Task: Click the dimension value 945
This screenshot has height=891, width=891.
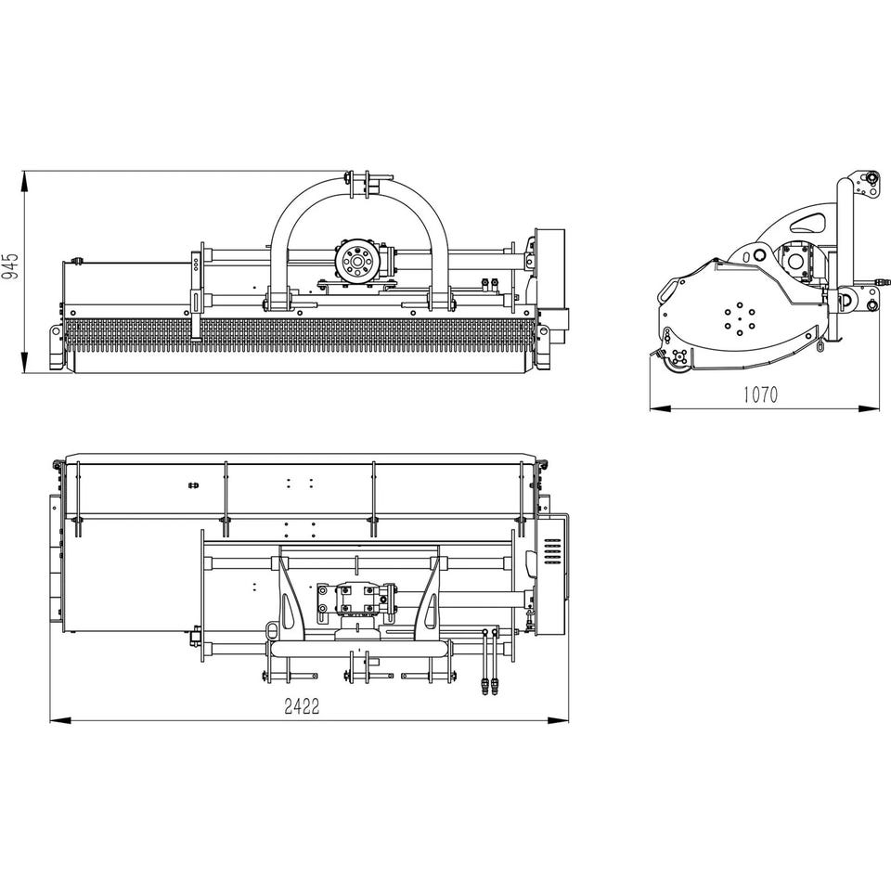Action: tap(10, 266)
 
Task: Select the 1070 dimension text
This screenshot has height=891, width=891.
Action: tap(760, 394)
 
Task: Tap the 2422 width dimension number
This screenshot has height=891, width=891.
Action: tap(302, 706)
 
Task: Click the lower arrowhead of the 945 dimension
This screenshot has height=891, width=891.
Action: tap(24, 362)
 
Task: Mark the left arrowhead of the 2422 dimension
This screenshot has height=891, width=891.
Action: tap(61, 720)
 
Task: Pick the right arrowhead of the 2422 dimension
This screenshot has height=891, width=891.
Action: tap(558, 720)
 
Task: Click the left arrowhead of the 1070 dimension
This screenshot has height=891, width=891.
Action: tap(661, 408)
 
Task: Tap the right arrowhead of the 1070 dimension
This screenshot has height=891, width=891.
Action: tap(869, 408)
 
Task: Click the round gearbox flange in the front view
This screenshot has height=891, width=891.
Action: tap(357, 262)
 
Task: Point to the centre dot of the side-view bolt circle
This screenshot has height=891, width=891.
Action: tap(740, 319)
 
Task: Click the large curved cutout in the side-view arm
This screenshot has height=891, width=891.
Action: tap(807, 222)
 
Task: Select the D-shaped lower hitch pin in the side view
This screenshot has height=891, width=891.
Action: tap(850, 300)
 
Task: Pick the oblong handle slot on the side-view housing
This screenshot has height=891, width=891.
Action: tap(665, 290)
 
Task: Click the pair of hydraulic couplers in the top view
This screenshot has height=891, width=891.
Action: tap(490, 686)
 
